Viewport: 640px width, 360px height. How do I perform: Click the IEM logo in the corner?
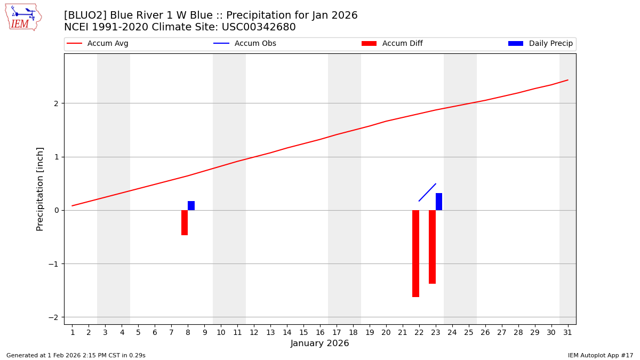click(x=23, y=17)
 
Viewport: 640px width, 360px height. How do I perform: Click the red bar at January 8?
click(x=185, y=222)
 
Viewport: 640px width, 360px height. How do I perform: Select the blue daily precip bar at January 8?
click(x=191, y=206)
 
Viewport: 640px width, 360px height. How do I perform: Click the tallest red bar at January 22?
click(x=415, y=253)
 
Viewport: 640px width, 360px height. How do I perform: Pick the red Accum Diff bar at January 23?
click(x=432, y=247)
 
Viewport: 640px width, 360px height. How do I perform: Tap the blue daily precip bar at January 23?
click(x=439, y=202)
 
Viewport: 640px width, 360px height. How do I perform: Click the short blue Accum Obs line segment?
click(x=428, y=192)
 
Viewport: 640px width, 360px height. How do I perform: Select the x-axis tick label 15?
click(x=303, y=332)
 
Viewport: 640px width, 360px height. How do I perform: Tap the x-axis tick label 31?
click(x=567, y=332)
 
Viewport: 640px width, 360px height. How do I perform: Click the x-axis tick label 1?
click(x=73, y=332)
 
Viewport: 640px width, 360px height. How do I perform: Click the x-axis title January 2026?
click(x=319, y=343)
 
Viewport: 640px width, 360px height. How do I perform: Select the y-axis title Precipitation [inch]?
click(x=40, y=189)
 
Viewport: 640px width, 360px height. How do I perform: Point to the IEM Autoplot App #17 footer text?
click(x=601, y=355)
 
